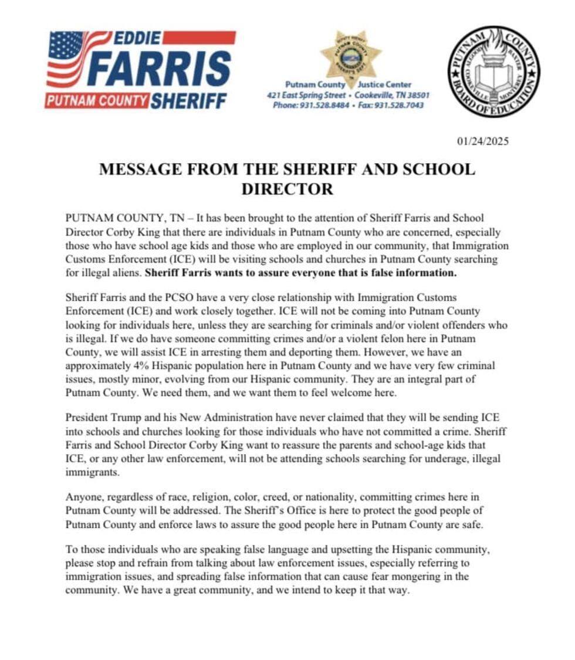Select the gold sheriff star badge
350,54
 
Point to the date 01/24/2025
482,141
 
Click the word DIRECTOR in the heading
287,189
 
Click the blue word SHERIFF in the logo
188,101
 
